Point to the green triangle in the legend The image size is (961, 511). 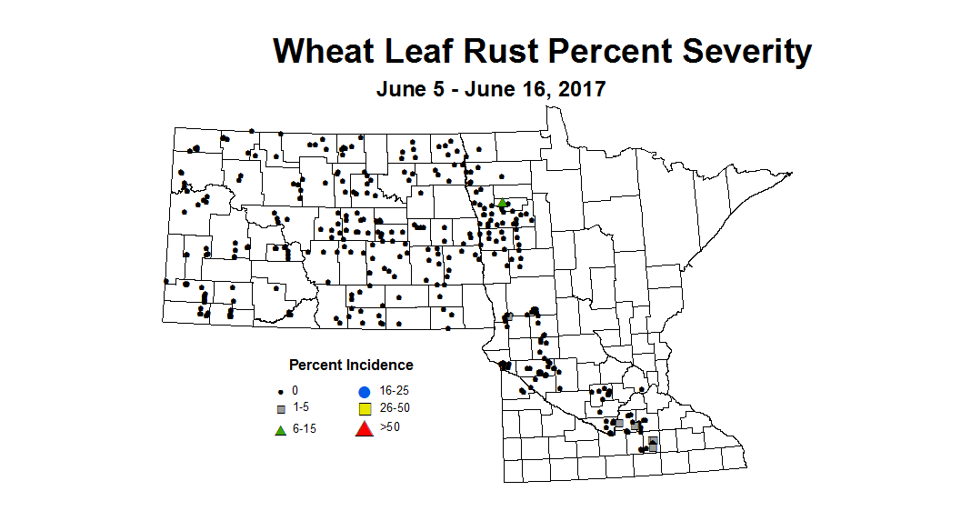[x=281, y=428]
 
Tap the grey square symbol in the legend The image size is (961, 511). [x=281, y=408]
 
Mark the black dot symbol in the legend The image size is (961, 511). [x=281, y=390]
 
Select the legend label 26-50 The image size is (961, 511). [x=396, y=408]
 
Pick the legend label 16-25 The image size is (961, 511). [x=396, y=389]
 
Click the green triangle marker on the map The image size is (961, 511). [x=502, y=203]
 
